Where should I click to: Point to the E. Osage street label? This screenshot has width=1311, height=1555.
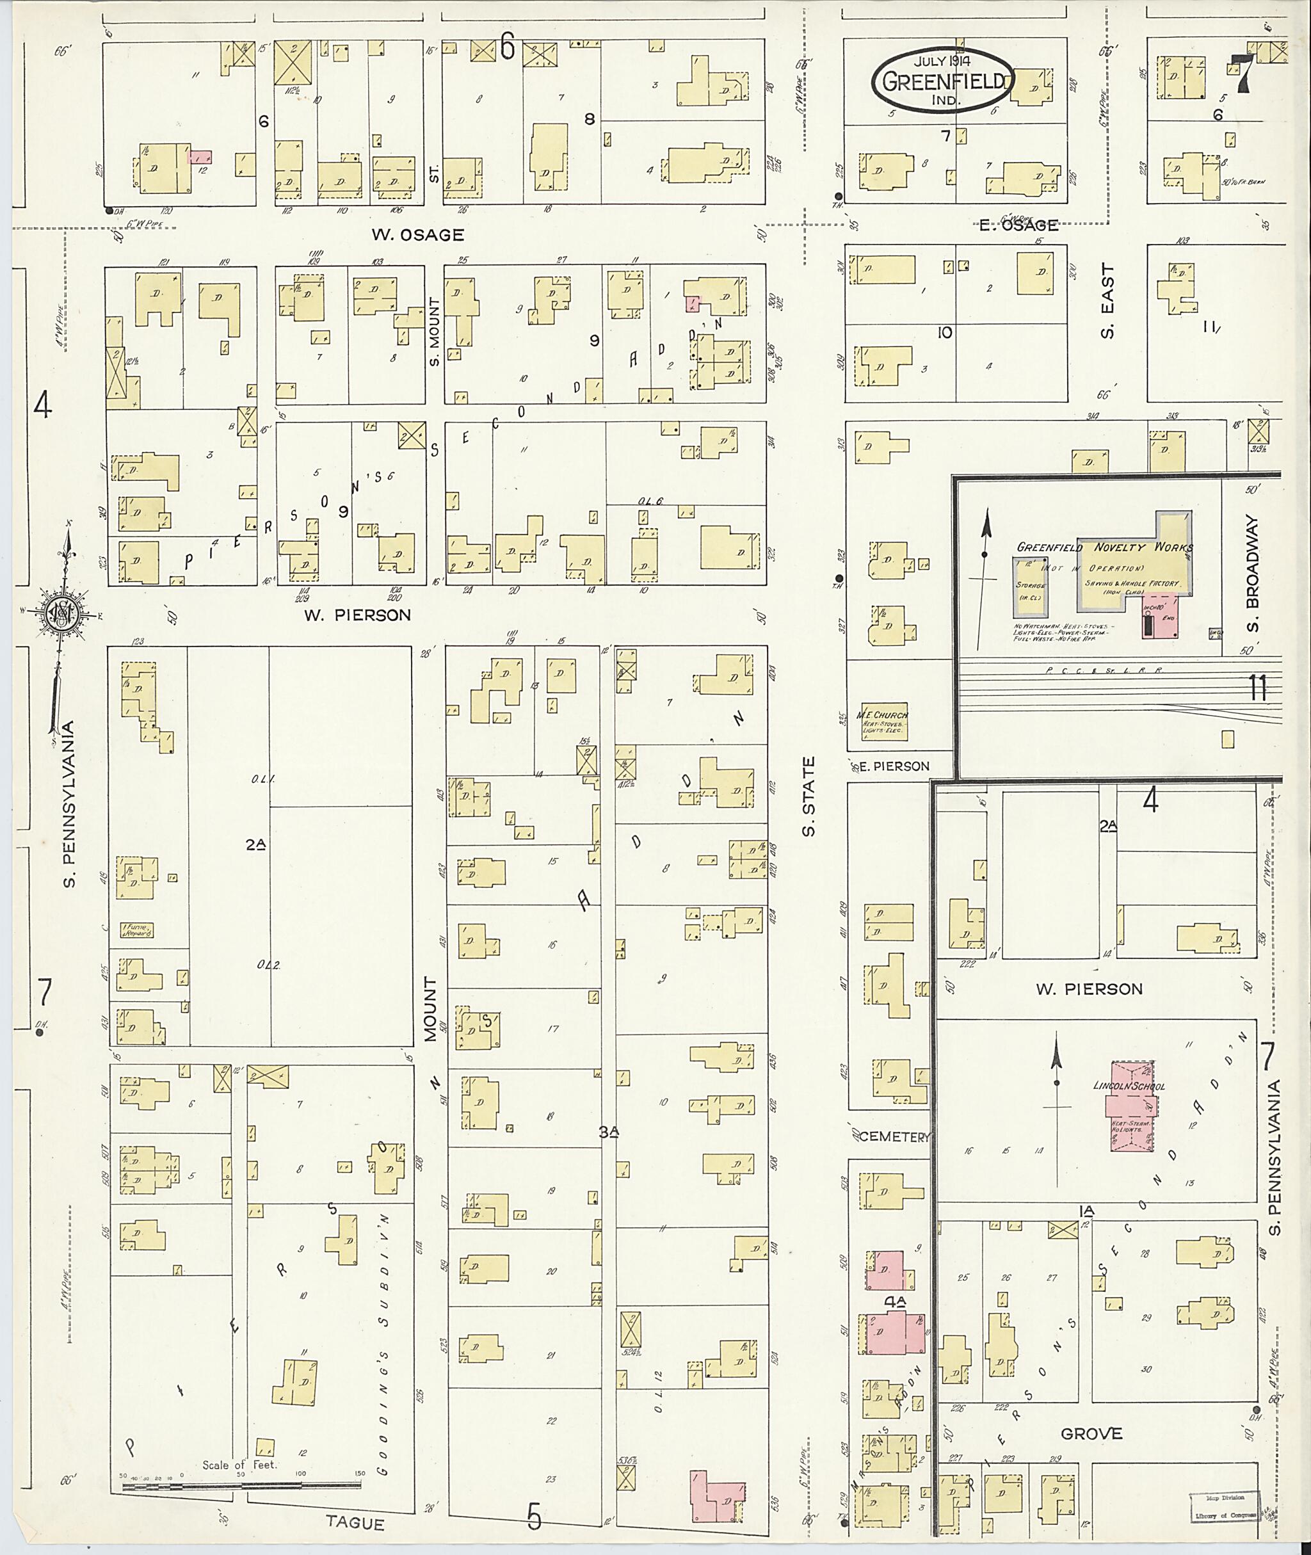click(1018, 225)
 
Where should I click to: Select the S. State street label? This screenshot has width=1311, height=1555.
click(808, 797)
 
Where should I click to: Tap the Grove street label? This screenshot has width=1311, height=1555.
click(1091, 1434)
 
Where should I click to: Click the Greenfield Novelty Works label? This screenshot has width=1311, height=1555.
click(1104, 548)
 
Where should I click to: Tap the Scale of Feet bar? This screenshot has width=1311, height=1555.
click(241, 1487)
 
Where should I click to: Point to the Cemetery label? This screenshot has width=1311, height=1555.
click(891, 1136)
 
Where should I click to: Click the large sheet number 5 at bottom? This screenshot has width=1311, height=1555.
click(534, 1517)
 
